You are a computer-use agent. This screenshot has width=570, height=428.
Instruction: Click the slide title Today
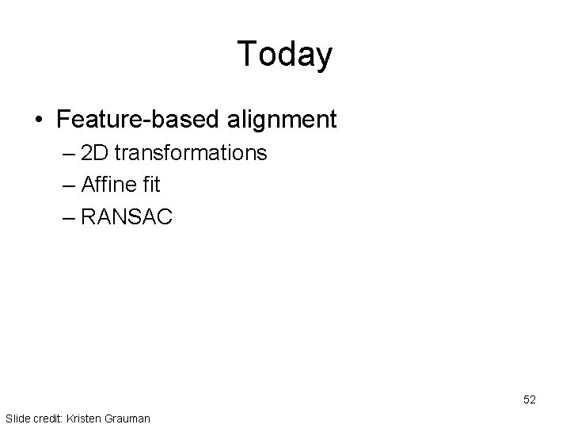coord(285,54)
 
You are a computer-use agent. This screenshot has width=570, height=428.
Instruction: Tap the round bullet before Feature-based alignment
coord(39,120)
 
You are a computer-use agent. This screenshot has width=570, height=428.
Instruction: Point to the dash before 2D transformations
coord(69,153)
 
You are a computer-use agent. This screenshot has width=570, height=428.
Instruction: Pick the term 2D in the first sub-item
coord(95,153)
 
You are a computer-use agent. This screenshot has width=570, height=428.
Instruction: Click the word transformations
coord(191,153)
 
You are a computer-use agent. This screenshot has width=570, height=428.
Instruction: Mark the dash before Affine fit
coord(69,185)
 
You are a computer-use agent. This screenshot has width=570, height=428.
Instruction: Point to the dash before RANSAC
coord(69,216)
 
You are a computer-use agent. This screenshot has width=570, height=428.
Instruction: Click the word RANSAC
coord(126,216)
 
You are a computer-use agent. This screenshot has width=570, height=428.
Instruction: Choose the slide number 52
coord(529,400)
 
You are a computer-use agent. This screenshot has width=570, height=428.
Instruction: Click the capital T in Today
coord(246,54)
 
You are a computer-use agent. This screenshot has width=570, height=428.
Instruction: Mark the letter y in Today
coord(324,57)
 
